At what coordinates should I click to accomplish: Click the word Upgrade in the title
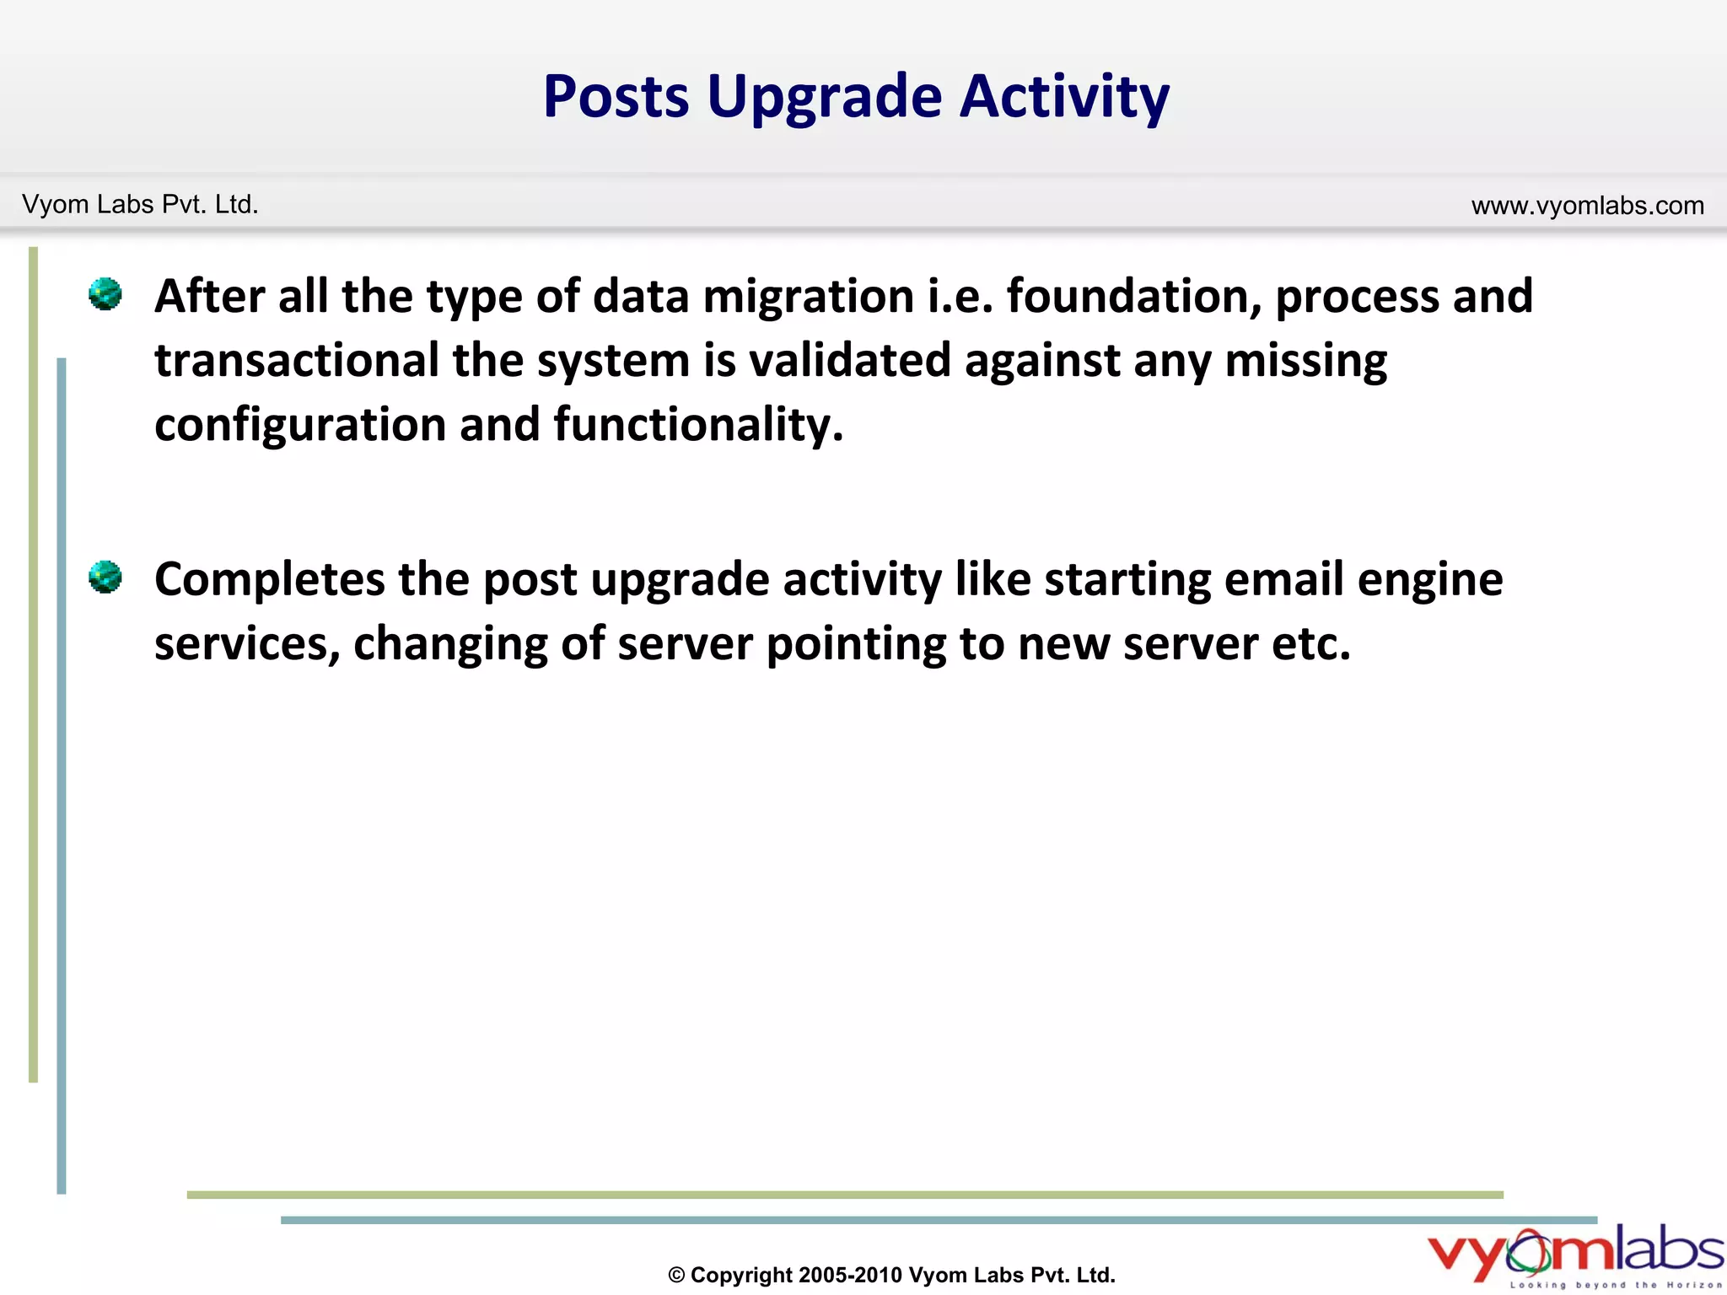click(x=824, y=97)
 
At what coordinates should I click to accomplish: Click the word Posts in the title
click(x=616, y=97)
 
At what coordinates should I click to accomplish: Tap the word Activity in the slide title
click(x=1064, y=97)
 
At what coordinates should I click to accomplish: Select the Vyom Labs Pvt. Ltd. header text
click(x=140, y=204)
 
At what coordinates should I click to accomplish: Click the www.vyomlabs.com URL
click(x=1587, y=205)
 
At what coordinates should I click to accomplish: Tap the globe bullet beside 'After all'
click(x=105, y=294)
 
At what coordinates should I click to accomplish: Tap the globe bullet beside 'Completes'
click(x=105, y=578)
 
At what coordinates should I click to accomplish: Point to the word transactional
click(x=297, y=360)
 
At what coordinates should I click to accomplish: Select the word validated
click(x=850, y=360)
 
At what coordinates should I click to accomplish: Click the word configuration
click(x=300, y=424)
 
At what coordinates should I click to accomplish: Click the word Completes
click(x=270, y=580)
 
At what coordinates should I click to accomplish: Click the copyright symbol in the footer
click(x=676, y=1276)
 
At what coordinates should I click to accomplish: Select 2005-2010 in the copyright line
click(x=850, y=1275)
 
